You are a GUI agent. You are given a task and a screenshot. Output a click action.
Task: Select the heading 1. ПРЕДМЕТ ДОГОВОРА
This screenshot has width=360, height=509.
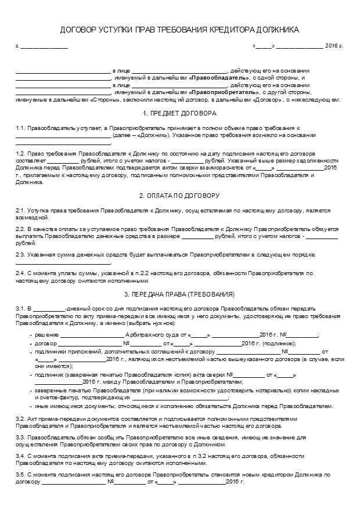pos(179,113)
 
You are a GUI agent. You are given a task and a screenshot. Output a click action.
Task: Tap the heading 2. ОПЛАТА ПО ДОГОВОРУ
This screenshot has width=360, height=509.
pos(179,196)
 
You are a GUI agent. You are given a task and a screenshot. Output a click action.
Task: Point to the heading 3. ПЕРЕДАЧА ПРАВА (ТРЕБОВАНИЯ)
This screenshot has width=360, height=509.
pos(179,294)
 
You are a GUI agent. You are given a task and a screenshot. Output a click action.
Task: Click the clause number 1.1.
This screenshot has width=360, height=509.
pos(20,128)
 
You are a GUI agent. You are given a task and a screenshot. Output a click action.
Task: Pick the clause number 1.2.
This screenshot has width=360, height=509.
pos(20,153)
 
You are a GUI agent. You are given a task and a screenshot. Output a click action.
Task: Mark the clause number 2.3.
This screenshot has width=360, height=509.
pos(20,255)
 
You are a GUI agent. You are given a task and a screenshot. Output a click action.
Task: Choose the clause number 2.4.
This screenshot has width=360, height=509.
pos(20,273)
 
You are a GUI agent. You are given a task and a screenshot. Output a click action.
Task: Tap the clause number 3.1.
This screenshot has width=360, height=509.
pos(20,307)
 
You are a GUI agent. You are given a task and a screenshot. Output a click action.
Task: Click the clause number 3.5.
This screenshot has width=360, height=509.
pos(20,475)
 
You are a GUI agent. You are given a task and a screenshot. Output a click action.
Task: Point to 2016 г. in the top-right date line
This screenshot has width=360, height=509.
pos(334,45)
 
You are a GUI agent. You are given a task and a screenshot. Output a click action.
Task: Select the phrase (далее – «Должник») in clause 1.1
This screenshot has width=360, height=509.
pos(141,135)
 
